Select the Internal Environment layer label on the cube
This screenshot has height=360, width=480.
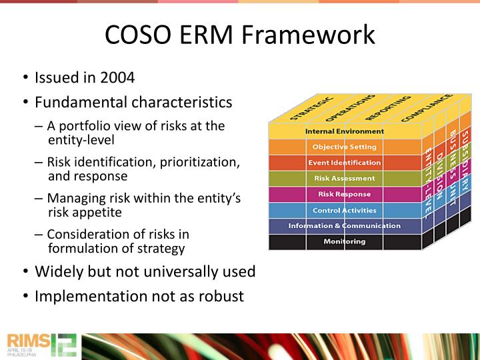click(344, 131)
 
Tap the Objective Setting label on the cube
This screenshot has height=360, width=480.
click(344, 147)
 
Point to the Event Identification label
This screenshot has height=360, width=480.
click(344, 163)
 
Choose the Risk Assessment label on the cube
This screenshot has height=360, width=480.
click(344, 179)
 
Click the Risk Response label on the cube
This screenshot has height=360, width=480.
click(344, 194)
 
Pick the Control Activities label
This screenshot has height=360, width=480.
click(344, 210)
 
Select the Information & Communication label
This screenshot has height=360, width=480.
click(344, 225)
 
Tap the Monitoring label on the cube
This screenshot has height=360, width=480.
click(344, 241)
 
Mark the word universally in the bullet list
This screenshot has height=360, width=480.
click(171, 271)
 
